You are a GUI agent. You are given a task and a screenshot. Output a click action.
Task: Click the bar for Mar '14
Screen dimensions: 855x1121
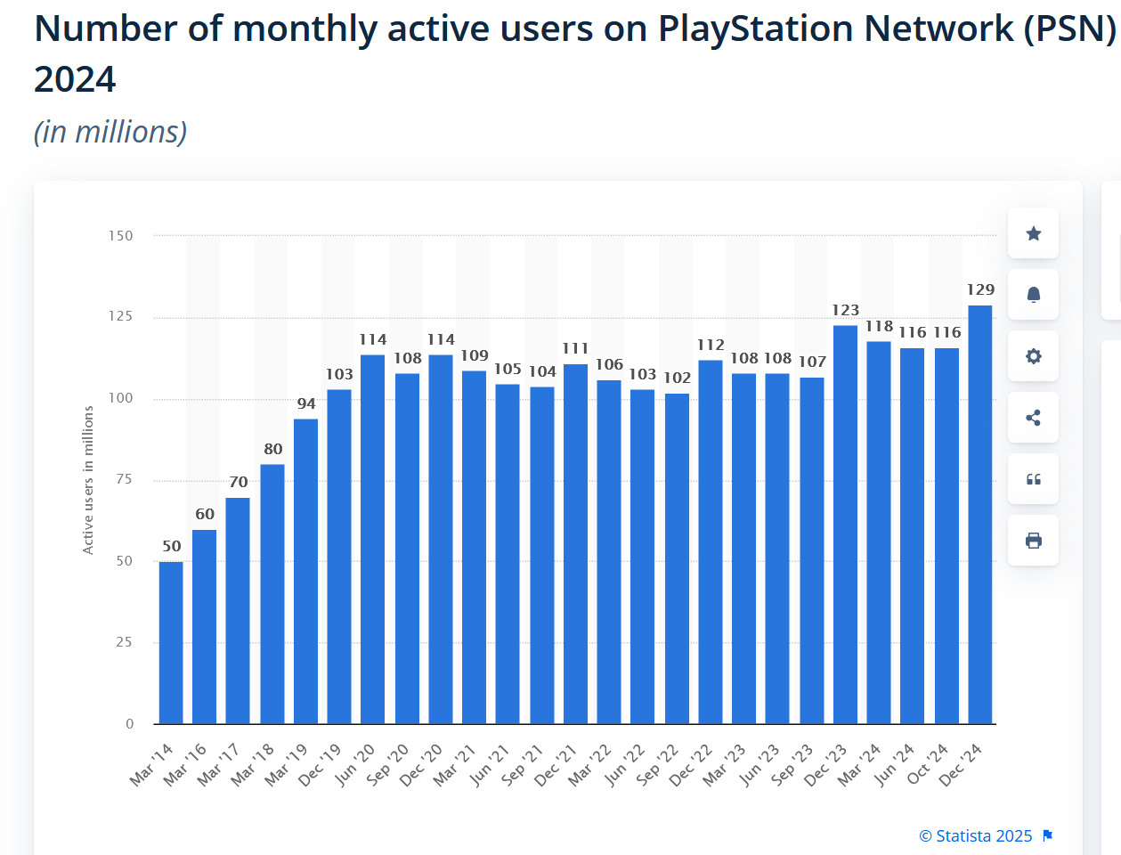(x=171, y=642)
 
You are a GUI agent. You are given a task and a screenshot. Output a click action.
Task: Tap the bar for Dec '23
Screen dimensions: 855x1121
(x=845, y=525)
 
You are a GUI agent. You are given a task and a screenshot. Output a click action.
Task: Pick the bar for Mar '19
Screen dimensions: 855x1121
(x=305, y=571)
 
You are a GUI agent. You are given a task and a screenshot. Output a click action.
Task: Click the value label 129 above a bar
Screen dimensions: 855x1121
(x=980, y=289)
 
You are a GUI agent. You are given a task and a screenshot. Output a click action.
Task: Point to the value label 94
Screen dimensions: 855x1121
(x=306, y=403)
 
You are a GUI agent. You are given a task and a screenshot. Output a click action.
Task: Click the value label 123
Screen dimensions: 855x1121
(x=845, y=310)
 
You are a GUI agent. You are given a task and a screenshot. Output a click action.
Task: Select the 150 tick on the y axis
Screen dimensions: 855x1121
(x=121, y=236)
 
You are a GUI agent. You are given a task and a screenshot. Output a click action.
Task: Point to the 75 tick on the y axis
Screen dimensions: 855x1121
(x=125, y=479)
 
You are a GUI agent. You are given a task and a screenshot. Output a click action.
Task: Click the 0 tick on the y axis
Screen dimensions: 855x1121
(x=129, y=724)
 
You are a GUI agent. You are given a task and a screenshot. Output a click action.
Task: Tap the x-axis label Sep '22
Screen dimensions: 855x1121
(x=659, y=763)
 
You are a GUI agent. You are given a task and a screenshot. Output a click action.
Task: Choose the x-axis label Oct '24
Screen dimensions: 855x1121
(x=929, y=763)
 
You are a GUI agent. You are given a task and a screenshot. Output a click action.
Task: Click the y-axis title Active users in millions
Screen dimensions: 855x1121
(x=88, y=480)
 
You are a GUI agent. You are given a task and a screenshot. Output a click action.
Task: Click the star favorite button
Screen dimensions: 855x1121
(x=1033, y=233)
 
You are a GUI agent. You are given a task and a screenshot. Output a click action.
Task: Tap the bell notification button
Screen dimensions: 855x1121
(x=1033, y=295)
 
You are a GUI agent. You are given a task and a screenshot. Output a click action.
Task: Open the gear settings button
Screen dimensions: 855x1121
(x=1033, y=356)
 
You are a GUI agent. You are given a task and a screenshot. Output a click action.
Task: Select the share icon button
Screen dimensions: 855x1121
(x=1033, y=418)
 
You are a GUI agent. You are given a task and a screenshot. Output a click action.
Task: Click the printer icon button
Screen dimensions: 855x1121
(x=1033, y=541)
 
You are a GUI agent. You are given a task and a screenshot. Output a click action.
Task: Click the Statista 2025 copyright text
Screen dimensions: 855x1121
(x=976, y=835)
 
